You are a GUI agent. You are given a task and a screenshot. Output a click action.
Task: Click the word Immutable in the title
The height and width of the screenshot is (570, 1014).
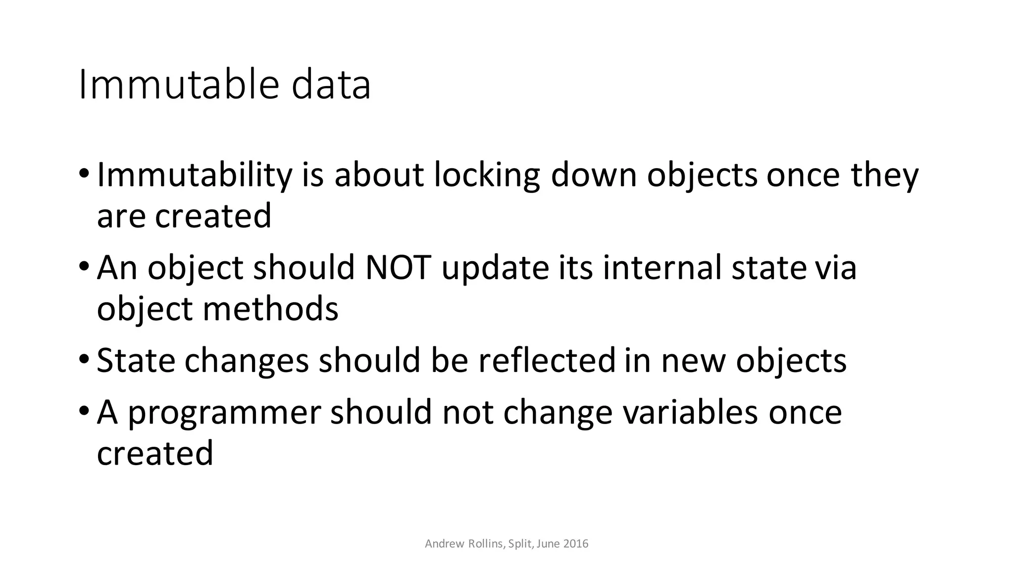click(177, 85)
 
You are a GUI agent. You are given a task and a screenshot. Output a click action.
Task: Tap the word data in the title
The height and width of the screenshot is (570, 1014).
click(331, 85)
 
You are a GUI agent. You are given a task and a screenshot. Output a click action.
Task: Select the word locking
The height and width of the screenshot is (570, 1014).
click(487, 176)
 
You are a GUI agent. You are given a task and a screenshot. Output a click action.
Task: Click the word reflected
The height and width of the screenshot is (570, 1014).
click(547, 360)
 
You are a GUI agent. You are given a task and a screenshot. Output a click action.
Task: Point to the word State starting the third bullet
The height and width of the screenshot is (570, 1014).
click(136, 360)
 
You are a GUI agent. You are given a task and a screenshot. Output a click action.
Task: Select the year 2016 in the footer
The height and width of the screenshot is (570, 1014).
click(576, 544)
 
